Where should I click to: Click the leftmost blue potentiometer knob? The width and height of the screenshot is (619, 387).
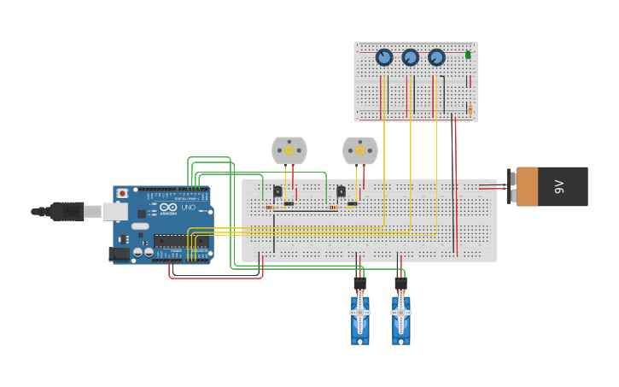coord(384,57)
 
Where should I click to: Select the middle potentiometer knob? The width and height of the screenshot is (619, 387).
coord(411,57)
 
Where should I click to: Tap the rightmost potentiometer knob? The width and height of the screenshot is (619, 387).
coord(436,57)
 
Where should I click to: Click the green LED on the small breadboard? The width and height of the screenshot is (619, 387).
coord(468,55)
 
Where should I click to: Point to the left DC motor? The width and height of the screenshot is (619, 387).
coord(289,150)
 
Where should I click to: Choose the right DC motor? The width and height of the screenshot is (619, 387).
coord(359,150)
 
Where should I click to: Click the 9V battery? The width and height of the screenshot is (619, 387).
coord(552,186)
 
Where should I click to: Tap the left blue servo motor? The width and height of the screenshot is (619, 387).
coord(359,317)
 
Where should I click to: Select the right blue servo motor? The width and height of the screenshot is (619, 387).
coord(400,317)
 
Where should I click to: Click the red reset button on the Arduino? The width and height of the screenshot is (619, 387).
coord(122,193)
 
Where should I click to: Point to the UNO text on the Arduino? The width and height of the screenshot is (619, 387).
coord(189,208)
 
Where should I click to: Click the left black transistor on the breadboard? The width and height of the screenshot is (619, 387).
coord(277,191)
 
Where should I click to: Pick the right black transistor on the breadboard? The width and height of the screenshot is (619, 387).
coord(341,191)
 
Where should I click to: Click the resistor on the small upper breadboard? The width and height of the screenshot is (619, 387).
coord(470,110)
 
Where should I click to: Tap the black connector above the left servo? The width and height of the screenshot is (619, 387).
coord(359,282)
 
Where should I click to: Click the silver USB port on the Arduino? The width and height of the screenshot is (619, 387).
coord(114,212)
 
